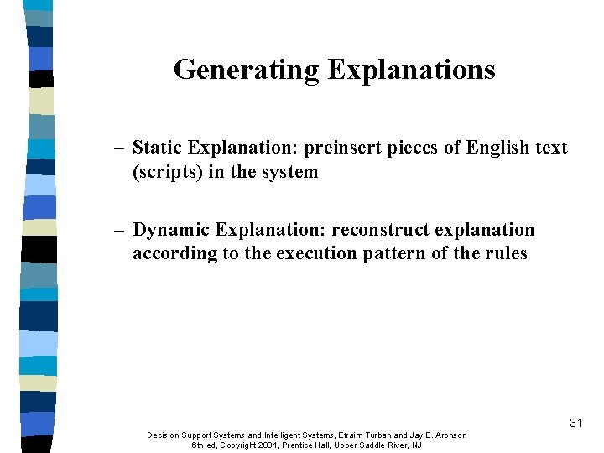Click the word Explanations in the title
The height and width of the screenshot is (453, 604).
(x=411, y=70)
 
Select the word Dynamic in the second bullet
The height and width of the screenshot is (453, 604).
(x=166, y=229)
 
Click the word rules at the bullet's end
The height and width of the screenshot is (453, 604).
(x=505, y=253)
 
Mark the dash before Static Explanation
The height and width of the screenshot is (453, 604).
(x=120, y=148)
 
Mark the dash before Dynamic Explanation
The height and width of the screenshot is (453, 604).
(x=120, y=230)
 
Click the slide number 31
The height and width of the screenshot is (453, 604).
(x=575, y=423)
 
